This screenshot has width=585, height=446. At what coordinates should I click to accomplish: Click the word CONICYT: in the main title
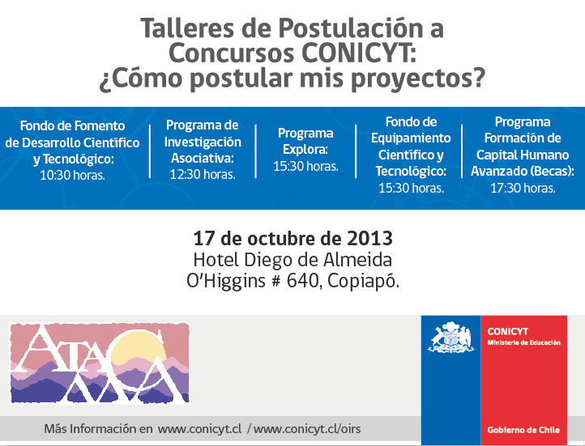coord(359,53)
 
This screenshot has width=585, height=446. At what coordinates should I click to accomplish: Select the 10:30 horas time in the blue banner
coord(72,175)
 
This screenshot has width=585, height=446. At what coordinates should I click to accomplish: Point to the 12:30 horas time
coord(203,174)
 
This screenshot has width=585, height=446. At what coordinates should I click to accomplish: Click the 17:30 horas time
coord(523,188)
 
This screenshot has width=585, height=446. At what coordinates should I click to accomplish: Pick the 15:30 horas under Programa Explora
coord(305,166)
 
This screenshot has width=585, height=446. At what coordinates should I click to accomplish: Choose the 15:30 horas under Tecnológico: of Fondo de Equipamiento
coord(411,188)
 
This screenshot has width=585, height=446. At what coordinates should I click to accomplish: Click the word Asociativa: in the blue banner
coord(203,158)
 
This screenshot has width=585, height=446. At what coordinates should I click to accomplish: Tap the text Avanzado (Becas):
coord(523,171)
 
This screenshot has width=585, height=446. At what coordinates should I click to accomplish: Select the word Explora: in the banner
coord(305,150)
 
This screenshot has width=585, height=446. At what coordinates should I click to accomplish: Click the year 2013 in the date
coord(369,239)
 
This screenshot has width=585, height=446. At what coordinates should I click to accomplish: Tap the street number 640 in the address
coord(301,281)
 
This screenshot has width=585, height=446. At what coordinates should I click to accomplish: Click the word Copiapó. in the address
coord(363,282)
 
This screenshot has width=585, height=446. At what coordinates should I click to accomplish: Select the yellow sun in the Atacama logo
coord(137,347)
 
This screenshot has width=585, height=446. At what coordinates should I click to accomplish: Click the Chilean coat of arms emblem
coord(450,338)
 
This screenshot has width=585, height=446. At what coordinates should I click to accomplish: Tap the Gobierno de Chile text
coord(523,430)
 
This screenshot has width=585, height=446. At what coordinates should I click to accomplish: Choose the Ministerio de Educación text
coord(523,342)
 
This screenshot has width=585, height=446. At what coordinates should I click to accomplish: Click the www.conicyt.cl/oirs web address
coord(307,429)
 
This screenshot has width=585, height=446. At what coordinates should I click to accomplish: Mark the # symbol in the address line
coord(276,282)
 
